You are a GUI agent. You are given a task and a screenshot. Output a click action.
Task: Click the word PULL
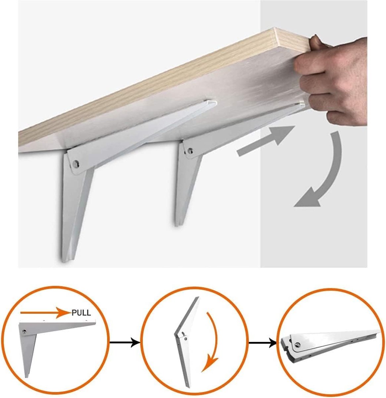81,313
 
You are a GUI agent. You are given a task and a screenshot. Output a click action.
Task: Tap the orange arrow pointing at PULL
46,312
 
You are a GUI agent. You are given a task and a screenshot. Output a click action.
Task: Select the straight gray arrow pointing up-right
265,141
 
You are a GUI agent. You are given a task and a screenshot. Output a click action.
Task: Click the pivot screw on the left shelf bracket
76,164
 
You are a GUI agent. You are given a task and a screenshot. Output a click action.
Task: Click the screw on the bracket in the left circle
25,332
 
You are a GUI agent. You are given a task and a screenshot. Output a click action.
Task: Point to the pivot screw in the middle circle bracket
186,339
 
